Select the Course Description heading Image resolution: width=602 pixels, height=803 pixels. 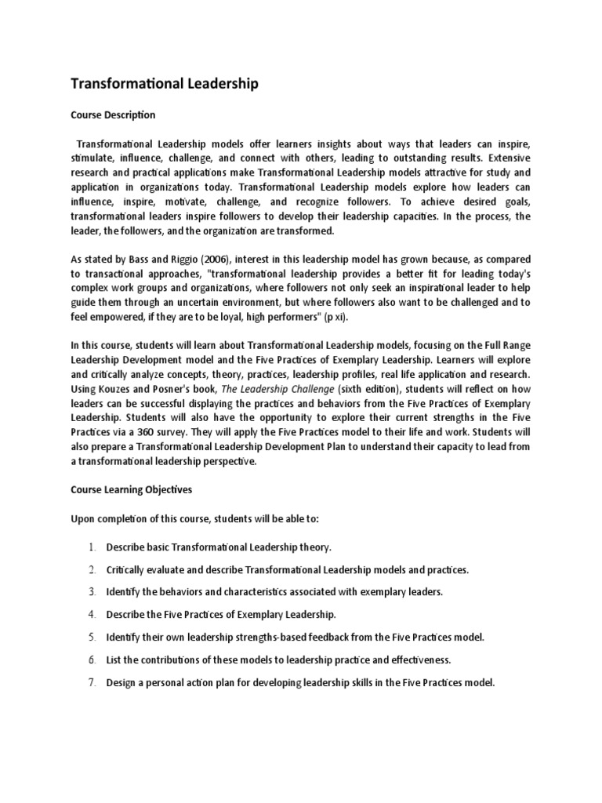click(x=113, y=115)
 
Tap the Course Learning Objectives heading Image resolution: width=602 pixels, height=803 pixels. click(x=131, y=489)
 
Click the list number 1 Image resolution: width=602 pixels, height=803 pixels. click(x=92, y=547)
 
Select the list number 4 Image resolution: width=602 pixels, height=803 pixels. click(x=92, y=614)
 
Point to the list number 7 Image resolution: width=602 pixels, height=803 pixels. click(x=92, y=682)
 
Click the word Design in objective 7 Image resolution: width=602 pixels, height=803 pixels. click(x=121, y=682)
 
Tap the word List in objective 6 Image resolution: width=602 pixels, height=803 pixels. click(x=114, y=659)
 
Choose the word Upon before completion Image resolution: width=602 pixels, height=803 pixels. click(x=85, y=519)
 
